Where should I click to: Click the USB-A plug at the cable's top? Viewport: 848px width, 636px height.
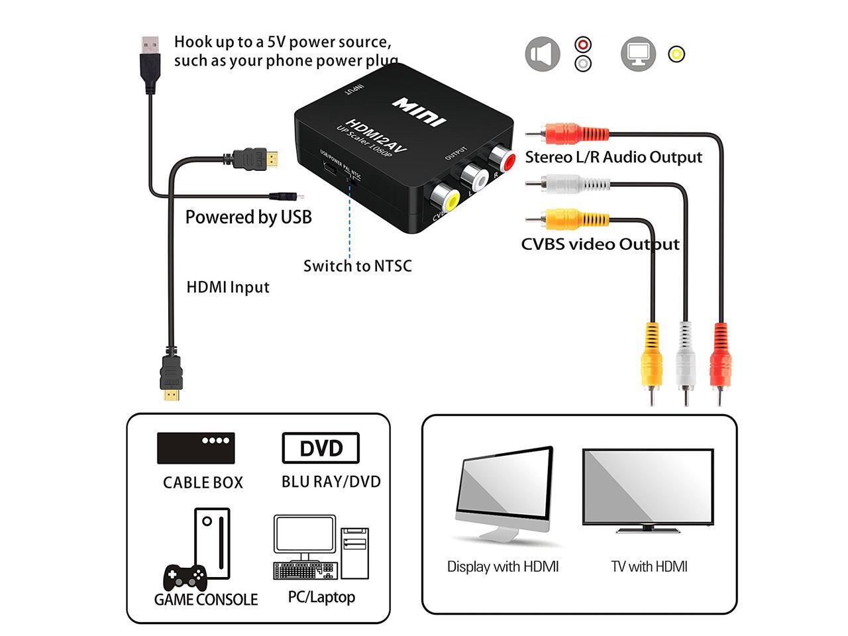click(150, 64)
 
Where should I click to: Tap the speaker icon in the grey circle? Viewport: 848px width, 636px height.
click(543, 54)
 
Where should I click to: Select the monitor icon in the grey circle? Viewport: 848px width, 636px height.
click(638, 54)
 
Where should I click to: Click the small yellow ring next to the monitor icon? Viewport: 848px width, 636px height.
click(676, 54)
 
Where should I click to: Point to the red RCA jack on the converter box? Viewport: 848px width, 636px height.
click(502, 160)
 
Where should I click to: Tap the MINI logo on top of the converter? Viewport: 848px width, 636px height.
click(419, 111)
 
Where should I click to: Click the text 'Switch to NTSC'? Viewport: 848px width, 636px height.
click(357, 266)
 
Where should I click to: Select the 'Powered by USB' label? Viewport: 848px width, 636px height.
click(248, 217)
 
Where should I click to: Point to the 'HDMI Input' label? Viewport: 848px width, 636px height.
click(228, 288)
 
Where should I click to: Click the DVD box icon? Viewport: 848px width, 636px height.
click(321, 449)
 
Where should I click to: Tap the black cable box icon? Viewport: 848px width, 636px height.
click(195, 448)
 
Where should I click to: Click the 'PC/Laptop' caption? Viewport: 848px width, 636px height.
click(321, 598)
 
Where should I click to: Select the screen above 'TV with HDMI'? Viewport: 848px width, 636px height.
click(648, 486)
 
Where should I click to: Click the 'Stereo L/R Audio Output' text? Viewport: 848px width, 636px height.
click(613, 158)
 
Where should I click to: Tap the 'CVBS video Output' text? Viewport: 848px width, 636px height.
click(600, 244)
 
